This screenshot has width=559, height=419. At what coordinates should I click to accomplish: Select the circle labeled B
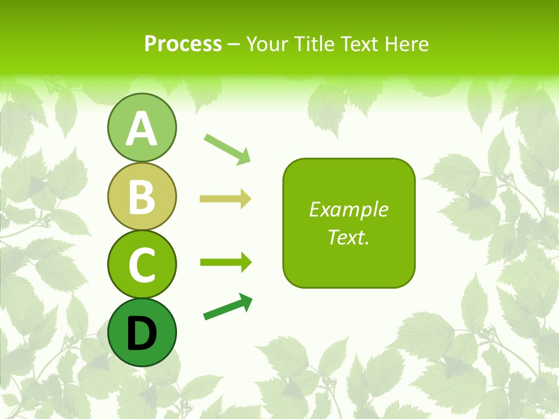click(x=141, y=196)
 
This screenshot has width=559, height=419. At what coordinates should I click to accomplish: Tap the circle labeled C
click(x=141, y=264)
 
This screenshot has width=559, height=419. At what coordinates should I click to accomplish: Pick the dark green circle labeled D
click(x=141, y=332)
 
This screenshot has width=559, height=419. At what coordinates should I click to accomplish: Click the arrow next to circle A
click(x=227, y=148)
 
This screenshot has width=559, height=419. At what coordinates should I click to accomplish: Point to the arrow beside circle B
click(x=225, y=199)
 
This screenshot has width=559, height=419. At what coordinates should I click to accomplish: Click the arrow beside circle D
click(x=228, y=307)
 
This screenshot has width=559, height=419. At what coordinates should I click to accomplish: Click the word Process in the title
click(x=183, y=44)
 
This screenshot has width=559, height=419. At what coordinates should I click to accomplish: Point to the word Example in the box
click(x=349, y=210)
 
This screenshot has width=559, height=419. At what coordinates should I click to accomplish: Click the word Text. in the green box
click(x=349, y=237)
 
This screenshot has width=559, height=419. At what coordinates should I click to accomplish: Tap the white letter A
click(x=141, y=129)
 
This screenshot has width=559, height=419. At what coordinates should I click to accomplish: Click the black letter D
click(x=141, y=333)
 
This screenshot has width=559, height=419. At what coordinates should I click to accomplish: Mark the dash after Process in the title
click(x=234, y=44)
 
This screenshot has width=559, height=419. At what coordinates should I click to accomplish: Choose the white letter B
click(x=141, y=197)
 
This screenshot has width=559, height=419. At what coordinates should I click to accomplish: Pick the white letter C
click(x=141, y=265)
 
